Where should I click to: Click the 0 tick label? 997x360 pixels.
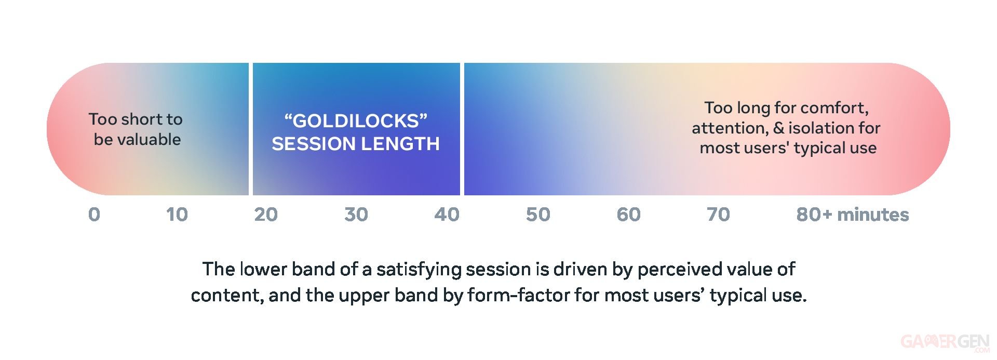pyautogui.click(x=94, y=215)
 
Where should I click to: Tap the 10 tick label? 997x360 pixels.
pyautogui.click(x=177, y=215)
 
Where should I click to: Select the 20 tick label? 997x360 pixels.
pyautogui.click(x=266, y=215)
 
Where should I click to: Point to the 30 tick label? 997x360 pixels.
pyautogui.click(x=356, y=215)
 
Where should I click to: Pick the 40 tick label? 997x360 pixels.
pyautogui.click(x=447, y=215)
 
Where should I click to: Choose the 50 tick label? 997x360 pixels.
pyautogui.click(x=538, y=215)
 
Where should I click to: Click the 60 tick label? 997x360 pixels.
pyautogui.click(x=628, y=215)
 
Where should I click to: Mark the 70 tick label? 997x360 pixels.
pyautogui.click(x=718, y=215)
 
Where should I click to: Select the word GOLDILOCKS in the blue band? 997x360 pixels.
pyautogui.click(x=356, y=121)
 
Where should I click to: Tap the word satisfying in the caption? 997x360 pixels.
pyautogui.click(x=419, y=270)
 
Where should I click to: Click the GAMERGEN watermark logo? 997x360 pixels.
pyautogui.click(x=945, y=342)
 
